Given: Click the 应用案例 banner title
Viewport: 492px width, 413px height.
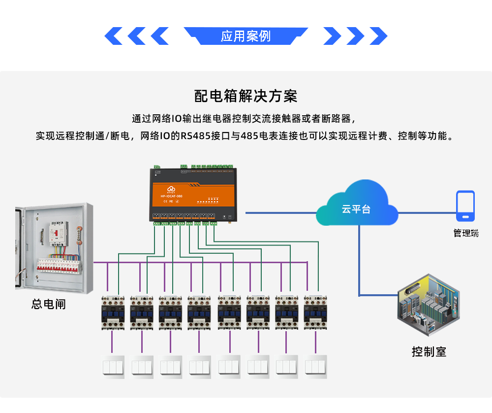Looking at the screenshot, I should pos(246,36).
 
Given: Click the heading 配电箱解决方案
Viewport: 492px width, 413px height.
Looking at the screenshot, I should pos(246,96).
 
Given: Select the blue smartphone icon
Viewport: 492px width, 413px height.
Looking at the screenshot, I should pos(465,206).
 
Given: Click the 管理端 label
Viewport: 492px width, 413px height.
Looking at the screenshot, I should pos(465,233).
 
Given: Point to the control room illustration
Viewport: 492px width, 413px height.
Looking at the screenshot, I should pos(429,306).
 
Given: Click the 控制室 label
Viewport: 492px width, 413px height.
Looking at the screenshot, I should pos(429,352).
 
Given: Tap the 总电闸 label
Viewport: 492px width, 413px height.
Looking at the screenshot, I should pos(48,304).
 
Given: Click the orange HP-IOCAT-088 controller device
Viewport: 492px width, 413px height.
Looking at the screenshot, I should pos(196,195).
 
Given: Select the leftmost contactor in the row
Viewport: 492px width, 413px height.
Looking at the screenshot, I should pos(112,312).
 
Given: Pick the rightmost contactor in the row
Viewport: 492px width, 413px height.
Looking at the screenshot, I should pos(315,312).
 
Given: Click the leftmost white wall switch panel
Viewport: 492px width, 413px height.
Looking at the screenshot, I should pos(113,367).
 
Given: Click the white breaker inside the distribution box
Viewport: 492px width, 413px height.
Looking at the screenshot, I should pos(58,234).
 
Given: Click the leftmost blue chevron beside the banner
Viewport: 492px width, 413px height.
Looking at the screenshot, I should pos(114,36).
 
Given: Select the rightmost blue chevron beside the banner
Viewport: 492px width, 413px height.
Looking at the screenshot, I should pos(378,36).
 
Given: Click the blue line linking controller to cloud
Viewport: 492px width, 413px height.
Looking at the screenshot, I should pos(280,213).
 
